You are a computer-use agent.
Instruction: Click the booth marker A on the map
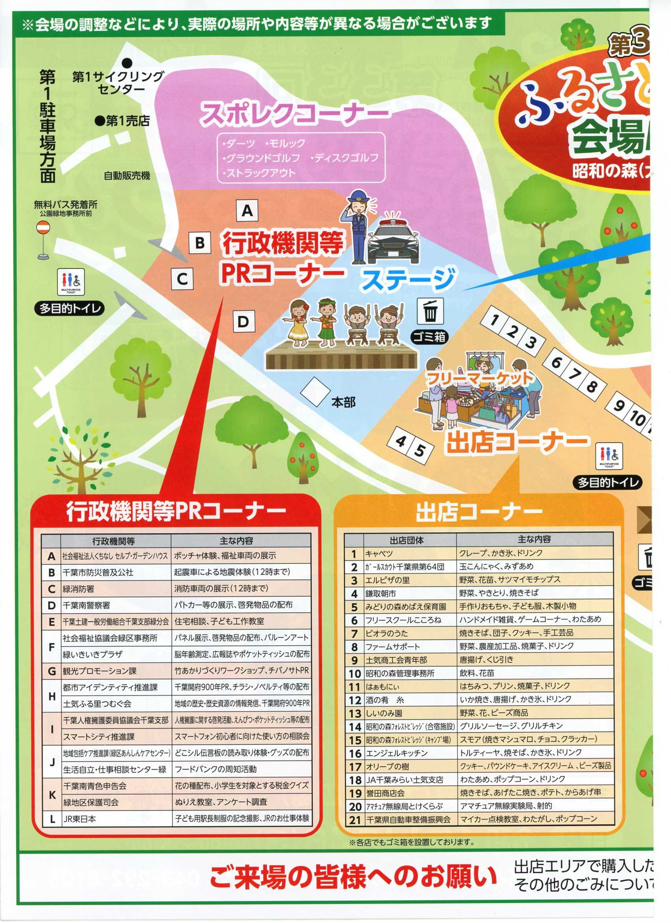point(247,211)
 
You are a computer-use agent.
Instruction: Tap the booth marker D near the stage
point(244,322)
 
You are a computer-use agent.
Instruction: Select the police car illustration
point(393,240)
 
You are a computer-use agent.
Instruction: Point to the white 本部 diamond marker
point(315,391)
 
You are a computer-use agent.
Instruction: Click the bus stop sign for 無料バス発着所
point(43,240)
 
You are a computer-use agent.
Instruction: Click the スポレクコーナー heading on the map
point(294,113)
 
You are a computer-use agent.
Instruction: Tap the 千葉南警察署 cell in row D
point(115,606)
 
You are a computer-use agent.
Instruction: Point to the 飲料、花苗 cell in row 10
point(535,673)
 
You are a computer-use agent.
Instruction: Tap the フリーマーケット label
point(479,378)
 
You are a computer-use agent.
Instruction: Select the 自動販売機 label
point(127,176)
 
